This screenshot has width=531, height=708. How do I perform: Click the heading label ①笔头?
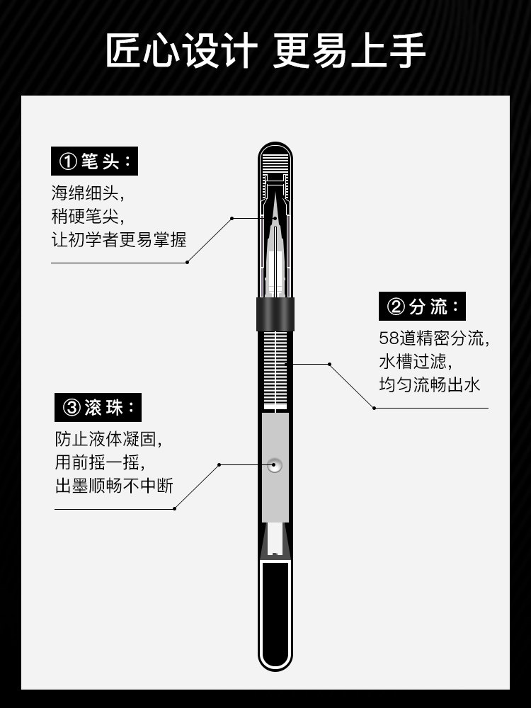(x=94, y=161)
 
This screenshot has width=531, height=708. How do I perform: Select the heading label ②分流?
(x=422, y=307)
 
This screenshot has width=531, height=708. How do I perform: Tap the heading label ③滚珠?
(x=98, y=407)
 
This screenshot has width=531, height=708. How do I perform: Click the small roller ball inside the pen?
(x=275, y=465)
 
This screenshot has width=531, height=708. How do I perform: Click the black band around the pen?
(x=275, y=314)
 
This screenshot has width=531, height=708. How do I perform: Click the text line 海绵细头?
(x=87, y=193)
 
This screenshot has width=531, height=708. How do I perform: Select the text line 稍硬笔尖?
(x=87, y=216)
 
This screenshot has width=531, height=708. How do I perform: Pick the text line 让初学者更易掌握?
(x=119, y=240)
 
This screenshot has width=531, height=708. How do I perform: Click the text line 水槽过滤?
(x=416, y=362)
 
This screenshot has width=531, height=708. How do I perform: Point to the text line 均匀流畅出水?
(x=430, y=385)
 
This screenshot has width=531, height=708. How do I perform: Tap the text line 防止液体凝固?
(x=108, y=439)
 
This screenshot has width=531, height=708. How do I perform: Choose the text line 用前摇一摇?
(x=100, y=462)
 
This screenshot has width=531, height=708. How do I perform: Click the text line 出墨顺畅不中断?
(x=114, y=486)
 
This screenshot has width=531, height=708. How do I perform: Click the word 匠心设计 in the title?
(x=181, y=50)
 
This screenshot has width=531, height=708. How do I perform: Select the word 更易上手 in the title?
(x=350, y=50)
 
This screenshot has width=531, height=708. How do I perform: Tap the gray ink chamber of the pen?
(x=275, y=467)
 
